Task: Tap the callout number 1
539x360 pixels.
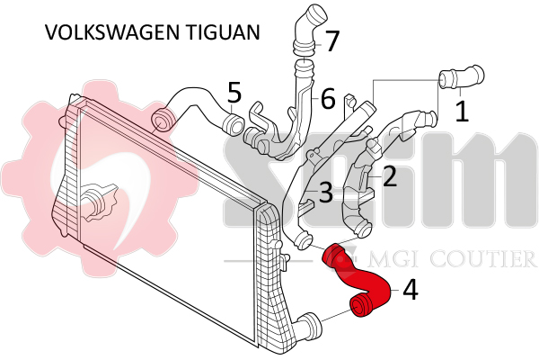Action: [462, 111]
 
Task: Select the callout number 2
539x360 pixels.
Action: [390, 175]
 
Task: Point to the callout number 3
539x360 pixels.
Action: [325, 192]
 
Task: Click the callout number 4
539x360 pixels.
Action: [410, 290]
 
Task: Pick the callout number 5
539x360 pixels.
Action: [234, 93]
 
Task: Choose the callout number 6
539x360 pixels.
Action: [328, 96]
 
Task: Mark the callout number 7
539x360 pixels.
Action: [332, 40]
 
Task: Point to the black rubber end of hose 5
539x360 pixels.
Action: [163, 119]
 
